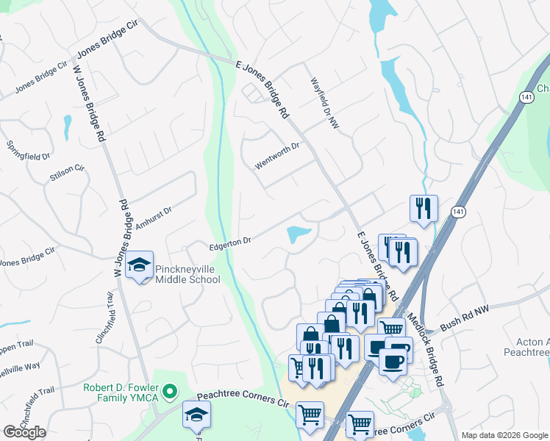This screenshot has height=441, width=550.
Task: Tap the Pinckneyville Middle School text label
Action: click(187, 275)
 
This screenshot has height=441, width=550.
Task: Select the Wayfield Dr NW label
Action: click(324, 101)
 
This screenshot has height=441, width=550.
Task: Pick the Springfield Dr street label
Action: click(28, 151)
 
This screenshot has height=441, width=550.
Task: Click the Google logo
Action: click(24, 432)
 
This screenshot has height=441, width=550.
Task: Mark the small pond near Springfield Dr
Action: click(67, 125)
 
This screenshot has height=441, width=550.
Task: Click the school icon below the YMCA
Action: click(196, 415)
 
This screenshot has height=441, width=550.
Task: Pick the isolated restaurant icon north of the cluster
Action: click(424, 208)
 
